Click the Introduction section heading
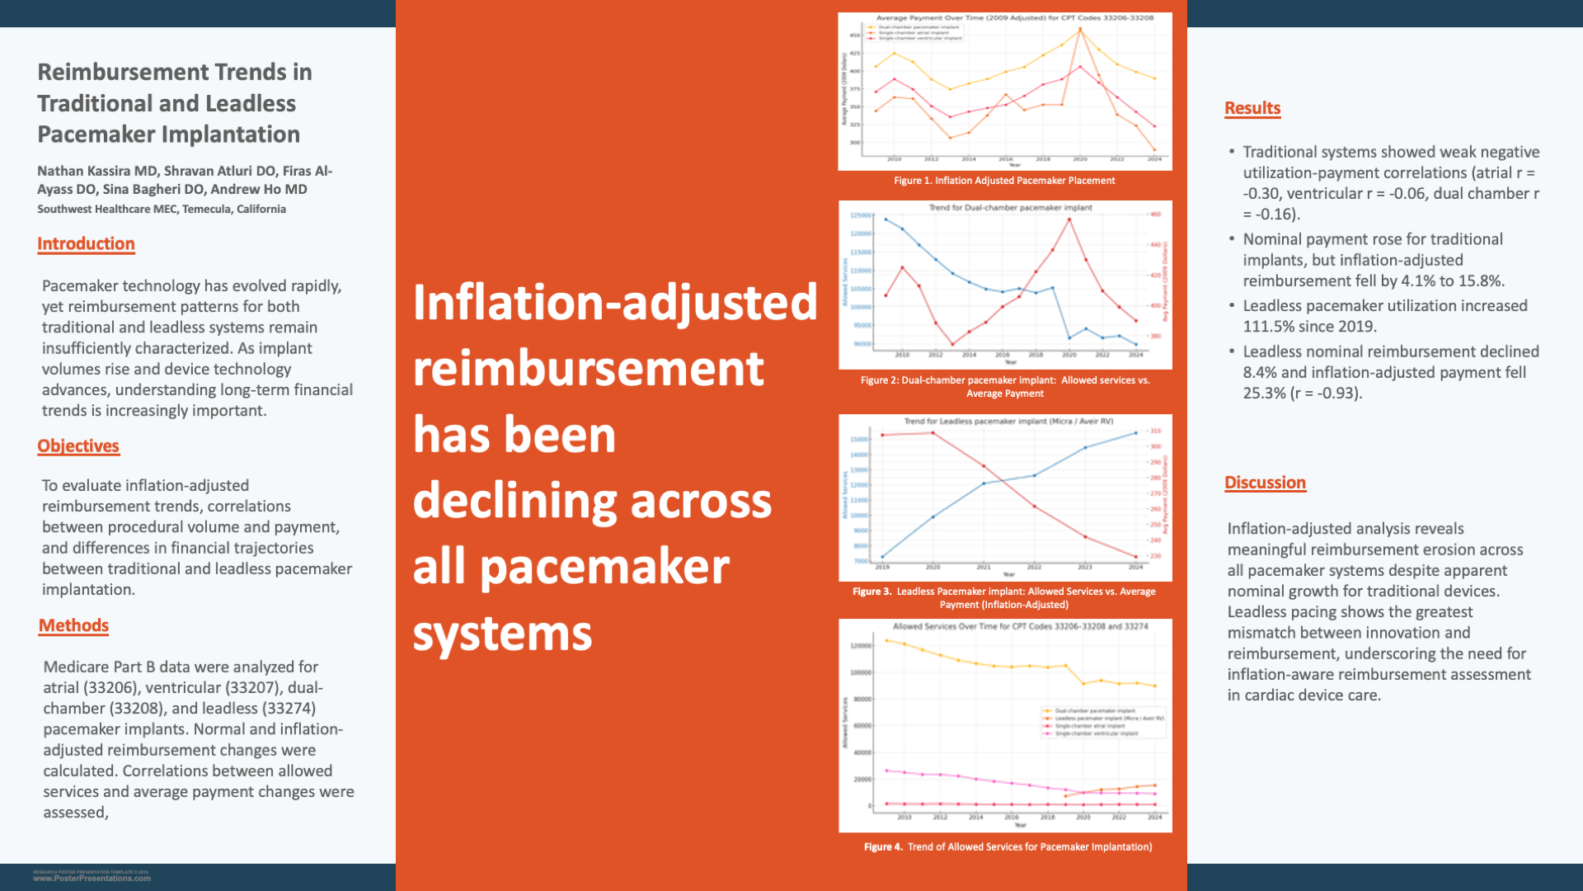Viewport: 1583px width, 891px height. [x=86, y=244]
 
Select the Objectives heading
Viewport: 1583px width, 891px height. [x=78, y=446]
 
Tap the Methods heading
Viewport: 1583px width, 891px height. [x=73, y=626]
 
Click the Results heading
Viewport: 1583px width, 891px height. [x=1252, y=109]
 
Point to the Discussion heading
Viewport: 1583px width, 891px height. [x=1265, y=483]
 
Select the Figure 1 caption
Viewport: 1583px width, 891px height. [x=1004, y=181]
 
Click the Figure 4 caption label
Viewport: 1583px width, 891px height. [x=883, y=847]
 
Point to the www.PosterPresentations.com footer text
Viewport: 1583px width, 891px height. [x=92, y=879]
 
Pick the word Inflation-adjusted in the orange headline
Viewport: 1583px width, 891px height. [x=615, y=303]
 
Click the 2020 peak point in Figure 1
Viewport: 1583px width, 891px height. [x=1080, y=30]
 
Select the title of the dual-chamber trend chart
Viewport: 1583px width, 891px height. [x=1010, y=208]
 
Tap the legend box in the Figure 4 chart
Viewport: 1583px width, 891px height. [x=1103, y=722]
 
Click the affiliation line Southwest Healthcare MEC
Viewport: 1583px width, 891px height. [x=161, y=210]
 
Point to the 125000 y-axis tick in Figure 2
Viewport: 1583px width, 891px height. [x=860, y=216]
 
